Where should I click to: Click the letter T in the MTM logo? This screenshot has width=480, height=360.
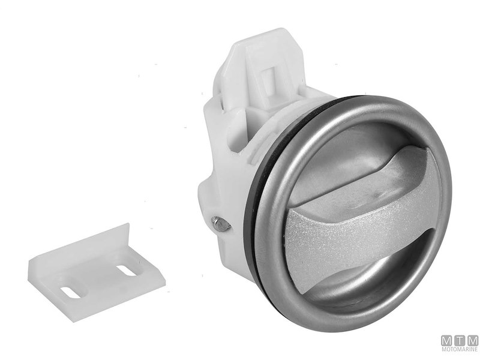(x=460, y=341)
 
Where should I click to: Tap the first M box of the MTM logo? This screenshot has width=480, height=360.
(x=446, y=341)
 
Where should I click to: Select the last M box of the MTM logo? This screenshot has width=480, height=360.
(x=473, y=341)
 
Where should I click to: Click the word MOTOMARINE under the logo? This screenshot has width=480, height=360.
(x=460, y=349)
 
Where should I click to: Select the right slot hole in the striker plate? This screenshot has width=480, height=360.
(x=127, y=270)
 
